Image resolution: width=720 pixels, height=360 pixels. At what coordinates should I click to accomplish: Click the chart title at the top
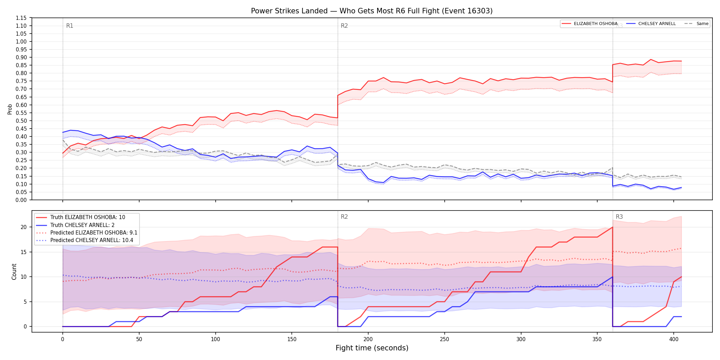tap(372, 11)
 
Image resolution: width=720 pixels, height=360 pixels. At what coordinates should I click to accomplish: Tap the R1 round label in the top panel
tap(70, 26)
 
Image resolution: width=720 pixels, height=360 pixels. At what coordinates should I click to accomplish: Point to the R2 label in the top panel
tap(344, 26)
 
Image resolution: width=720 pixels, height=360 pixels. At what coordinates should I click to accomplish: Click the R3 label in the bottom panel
tap(619, 217)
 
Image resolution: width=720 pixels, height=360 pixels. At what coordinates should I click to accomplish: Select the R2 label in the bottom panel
tap(344, 217)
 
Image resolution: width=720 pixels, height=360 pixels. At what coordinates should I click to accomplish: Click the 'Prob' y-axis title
tap(10, 109)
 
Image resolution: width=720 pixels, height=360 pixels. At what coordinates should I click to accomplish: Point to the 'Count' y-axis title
tap(14, 272)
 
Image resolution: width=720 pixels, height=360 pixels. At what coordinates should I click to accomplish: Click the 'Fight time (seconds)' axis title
tap(372, 348)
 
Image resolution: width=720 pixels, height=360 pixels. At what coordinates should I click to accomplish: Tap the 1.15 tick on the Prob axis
tap(21, 18)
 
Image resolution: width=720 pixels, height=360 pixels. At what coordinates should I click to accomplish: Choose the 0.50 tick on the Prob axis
tap(21, 121)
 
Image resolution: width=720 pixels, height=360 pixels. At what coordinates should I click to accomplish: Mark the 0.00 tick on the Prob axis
tap(21, 200)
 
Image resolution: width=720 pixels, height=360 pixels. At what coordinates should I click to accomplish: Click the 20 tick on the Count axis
tap(24, 227)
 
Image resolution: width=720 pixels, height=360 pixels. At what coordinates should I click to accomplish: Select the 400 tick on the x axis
tap(674, 339)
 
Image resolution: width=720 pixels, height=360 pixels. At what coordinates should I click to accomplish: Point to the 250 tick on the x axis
tap(445, 339)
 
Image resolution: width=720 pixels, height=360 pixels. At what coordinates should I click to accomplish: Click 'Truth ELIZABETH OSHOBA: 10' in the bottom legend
tap(88, 217)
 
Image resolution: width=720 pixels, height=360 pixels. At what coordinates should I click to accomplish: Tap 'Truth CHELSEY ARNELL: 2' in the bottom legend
tap(82, 225)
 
